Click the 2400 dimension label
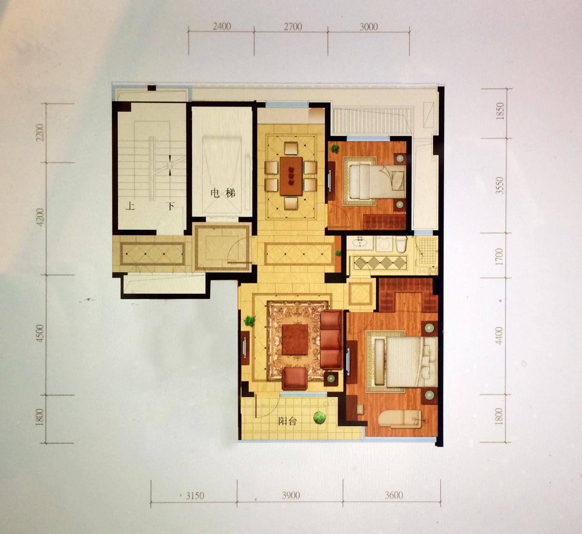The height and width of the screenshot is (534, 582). point(222,27)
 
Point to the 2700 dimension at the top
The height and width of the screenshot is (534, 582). point(292,27)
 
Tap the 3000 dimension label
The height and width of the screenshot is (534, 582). point(368,27)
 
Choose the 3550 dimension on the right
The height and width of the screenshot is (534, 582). point(499,186)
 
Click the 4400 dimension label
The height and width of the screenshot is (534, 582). point(499,336)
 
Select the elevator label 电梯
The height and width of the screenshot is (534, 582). point(223,193)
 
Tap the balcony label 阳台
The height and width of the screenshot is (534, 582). point(287,421)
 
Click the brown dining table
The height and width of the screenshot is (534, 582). point(291,176)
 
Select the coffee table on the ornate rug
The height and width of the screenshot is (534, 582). point(295,339)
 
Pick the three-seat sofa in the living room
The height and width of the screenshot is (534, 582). point(332,339)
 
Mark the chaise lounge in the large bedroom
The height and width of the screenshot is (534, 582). point(400,418)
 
